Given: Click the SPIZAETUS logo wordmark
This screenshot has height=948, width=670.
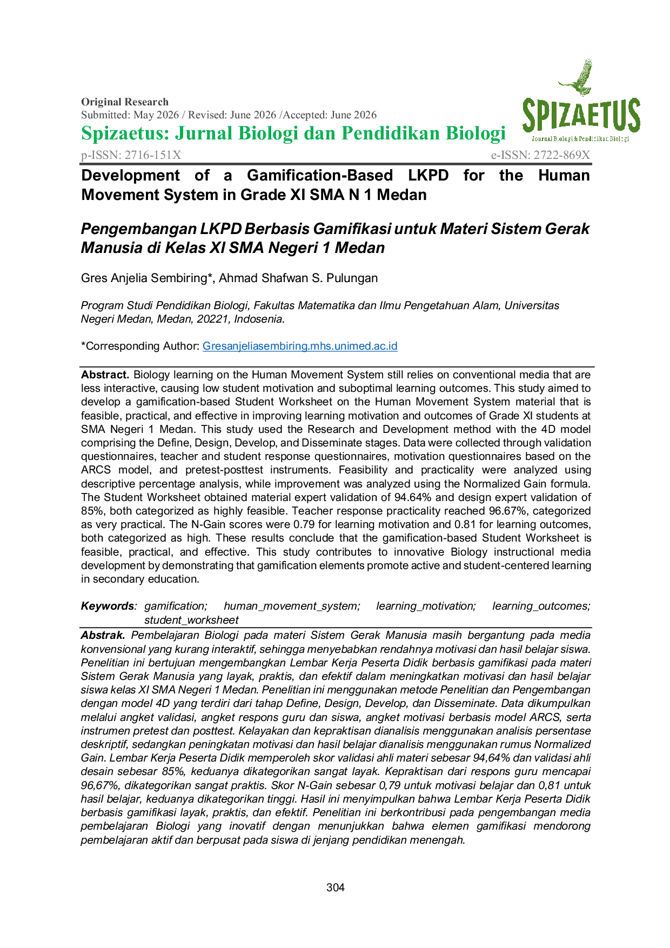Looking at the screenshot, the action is [x=581, y=116].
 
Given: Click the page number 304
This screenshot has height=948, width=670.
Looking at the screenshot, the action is [x=336, y=887].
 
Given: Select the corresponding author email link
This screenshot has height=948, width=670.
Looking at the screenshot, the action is [x=300, y=346].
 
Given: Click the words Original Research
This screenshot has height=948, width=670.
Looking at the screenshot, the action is [x=125, y=102].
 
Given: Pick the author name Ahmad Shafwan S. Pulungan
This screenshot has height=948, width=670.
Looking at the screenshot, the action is [x=298, y=278].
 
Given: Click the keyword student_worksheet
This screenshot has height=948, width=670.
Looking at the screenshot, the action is [x=191, y=620].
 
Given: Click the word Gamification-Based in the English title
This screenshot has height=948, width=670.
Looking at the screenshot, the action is [x=320, y=175].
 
